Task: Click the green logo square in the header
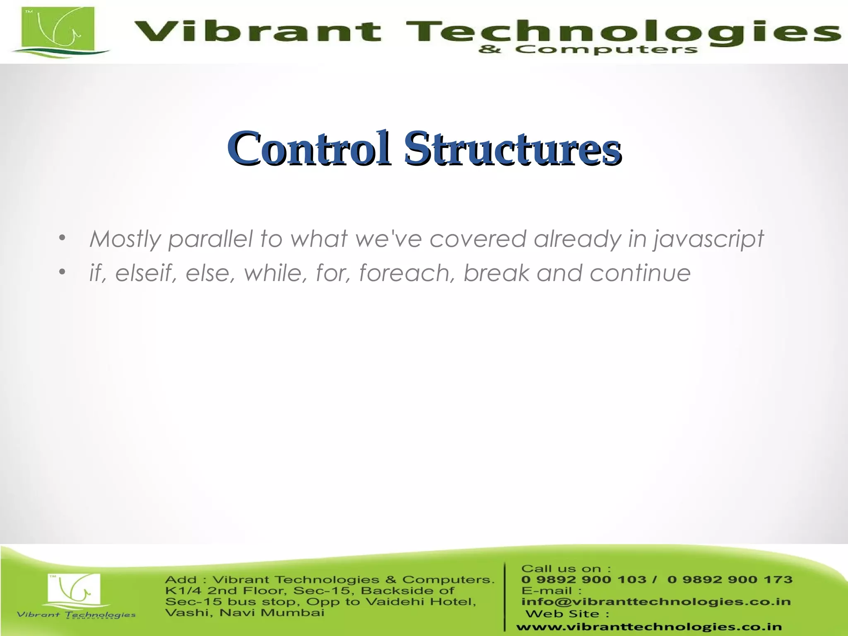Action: [x=58, y=29]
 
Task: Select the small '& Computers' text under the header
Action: [x=588, y=50]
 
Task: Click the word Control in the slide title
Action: [x=308, y=148]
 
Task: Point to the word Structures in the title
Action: [x=513, y=148]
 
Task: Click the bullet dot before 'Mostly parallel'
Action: [x=62, y=238]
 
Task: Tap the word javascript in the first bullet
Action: [x=708, y=239]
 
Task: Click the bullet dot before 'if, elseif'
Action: [x=62, y=272]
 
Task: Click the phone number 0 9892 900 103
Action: [x=583, y=579]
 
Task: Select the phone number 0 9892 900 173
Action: [x=730, y=579]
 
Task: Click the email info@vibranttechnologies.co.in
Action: [x=656, y=601]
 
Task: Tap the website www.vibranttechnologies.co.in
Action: [x=649, y=627]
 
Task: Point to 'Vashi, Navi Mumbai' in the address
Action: [x=244, y=612]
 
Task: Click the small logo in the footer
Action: [x=75, y=590]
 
